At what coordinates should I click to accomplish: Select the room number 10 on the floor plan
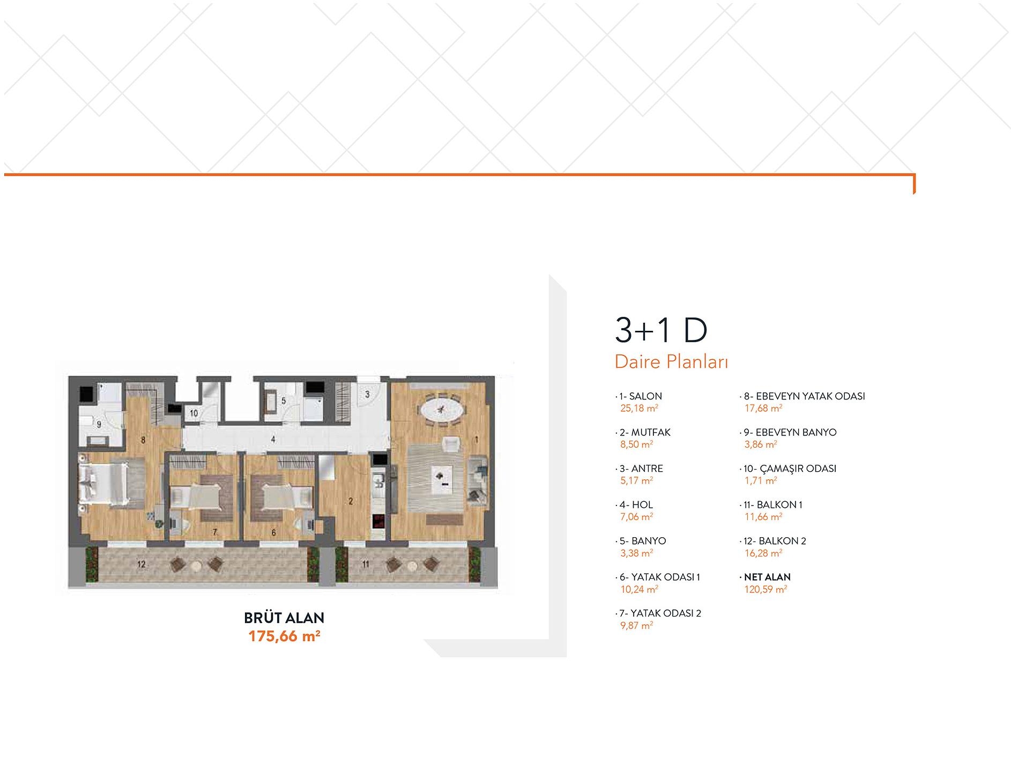pyautogui.click(x=194, y=413)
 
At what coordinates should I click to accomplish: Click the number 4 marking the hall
pyautogui.click(x=273, y=440)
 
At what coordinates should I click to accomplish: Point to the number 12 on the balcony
pyautogui.click(x=141, y=564)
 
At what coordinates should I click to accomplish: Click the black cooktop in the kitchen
pyautogui.click(x=378, y=521)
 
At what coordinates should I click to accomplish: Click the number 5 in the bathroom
pyautogui.click(x=284, y=401)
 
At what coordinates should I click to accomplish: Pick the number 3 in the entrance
pyautogui.click(x=367, y=395)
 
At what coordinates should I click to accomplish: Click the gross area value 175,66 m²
pyautogui.click(x=284, y=636)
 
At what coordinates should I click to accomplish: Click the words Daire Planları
pyautogui.click(x=671, y=362)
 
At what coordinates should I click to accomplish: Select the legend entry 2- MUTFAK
pyautogui.click(x=645, y=432)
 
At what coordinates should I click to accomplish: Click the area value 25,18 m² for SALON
pyautogui.click(x=639, y=409)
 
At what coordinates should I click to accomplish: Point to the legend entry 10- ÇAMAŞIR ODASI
pyautogui.click(x=790, y=468)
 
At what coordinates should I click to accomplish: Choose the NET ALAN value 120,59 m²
pyautogui.click(x=765, y=589)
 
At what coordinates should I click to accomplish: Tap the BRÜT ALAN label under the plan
pyautogui.click(x=284, y=618)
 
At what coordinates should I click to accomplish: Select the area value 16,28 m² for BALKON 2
pyautogui.click(x=763, y=553)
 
